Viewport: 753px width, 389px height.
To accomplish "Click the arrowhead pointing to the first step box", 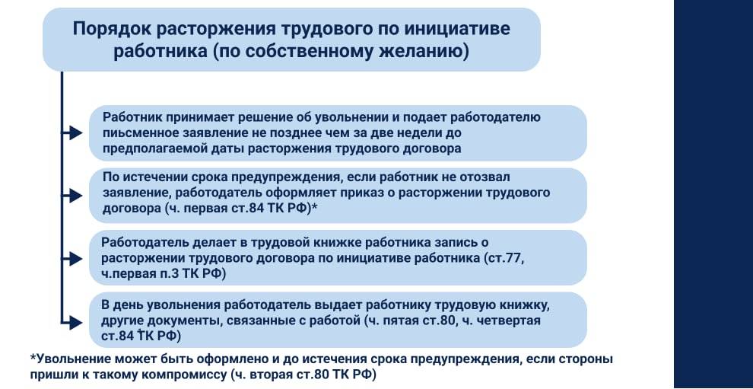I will (x=76, y=133).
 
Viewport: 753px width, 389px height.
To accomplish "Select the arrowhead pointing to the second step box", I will (x=76, y=196).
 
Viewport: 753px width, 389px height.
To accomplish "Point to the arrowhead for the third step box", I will (x=76, y=258).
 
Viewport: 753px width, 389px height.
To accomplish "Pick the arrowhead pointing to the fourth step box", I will (x=76, y=320).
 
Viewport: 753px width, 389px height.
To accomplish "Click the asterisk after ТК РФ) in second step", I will (x=314, y=207).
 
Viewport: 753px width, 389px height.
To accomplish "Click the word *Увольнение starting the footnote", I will (x=72, y=359).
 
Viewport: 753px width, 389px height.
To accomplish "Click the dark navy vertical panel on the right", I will (x=713, y=194).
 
